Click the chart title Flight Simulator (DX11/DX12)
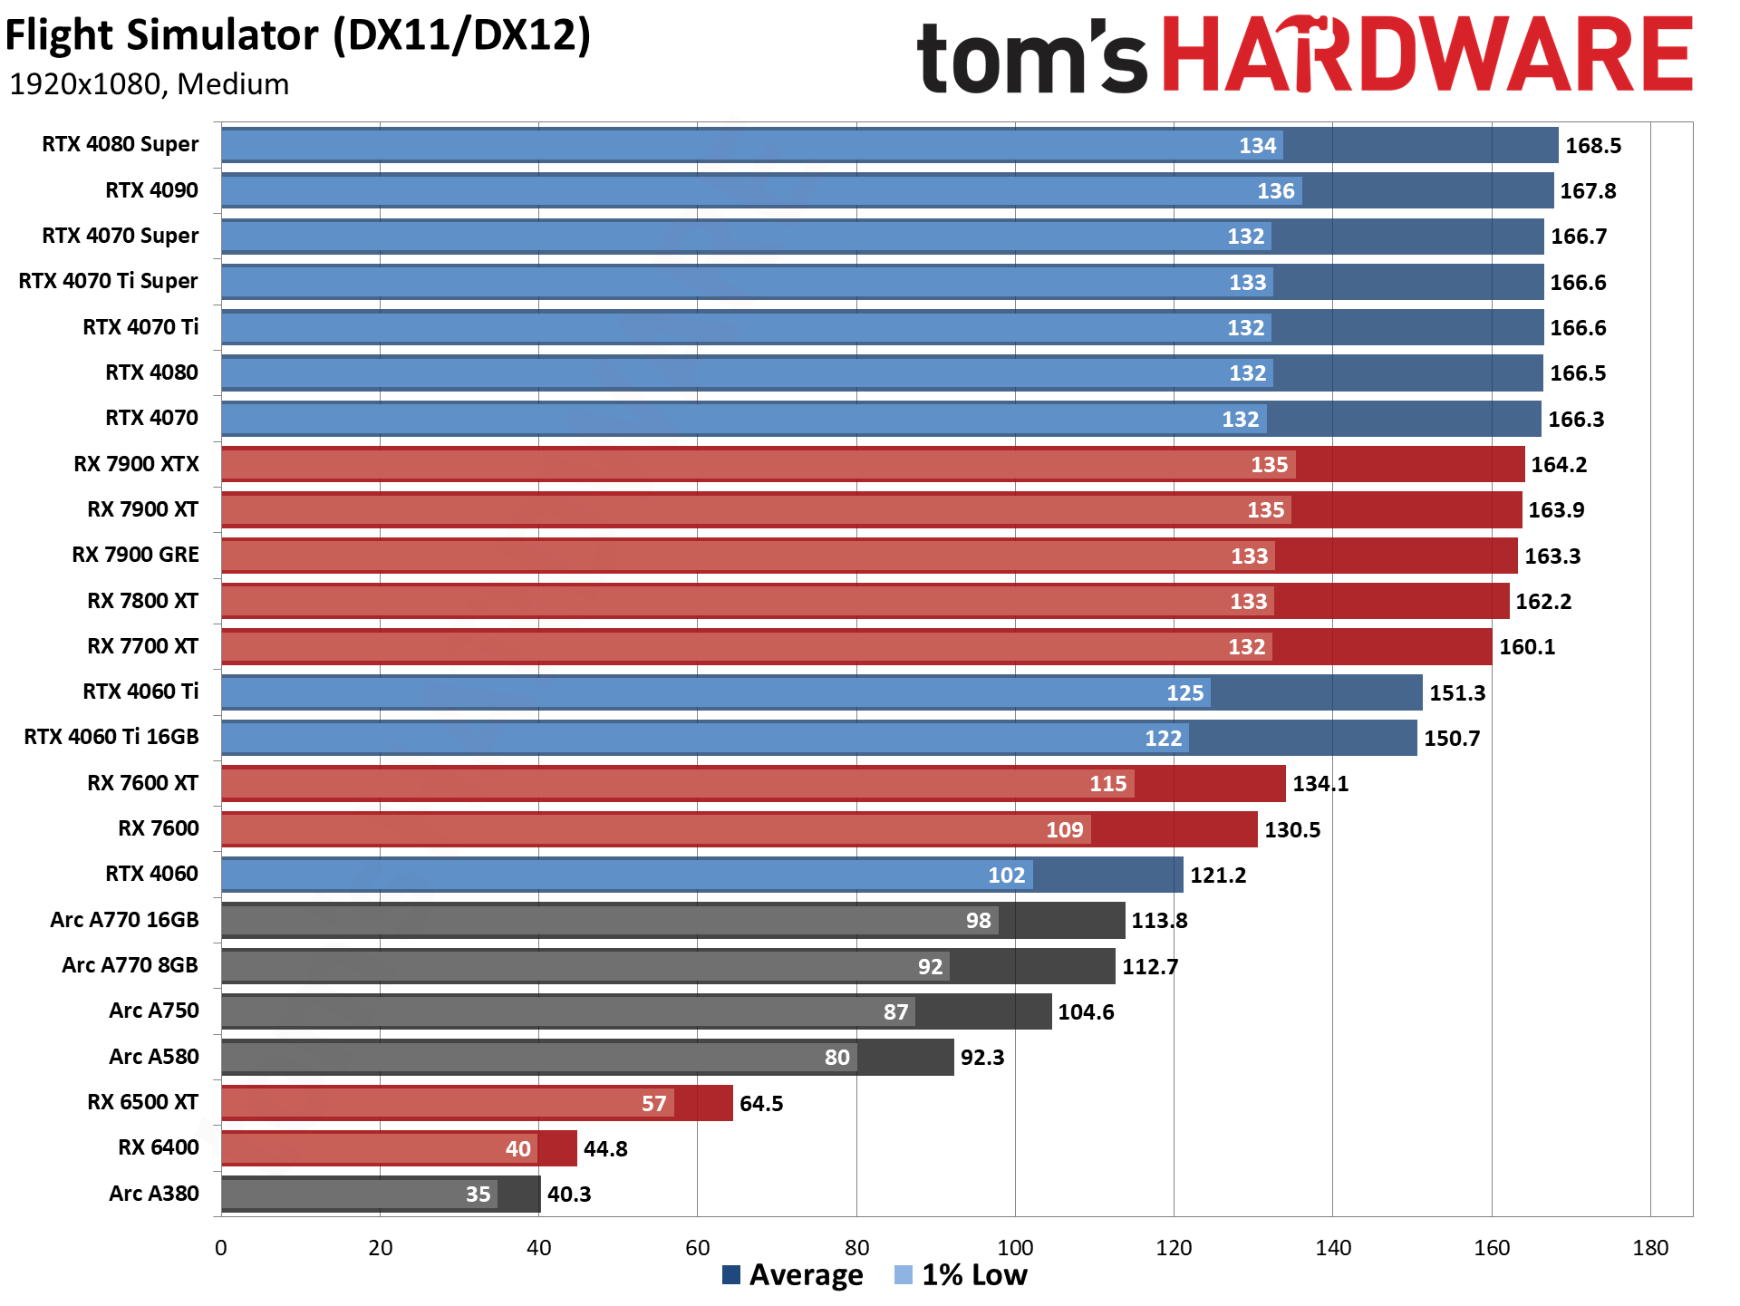(x=297, y=36)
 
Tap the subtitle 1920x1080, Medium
(x=150, y=84)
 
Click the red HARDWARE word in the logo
(x=1426, y=55)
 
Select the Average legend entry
(x=793, y=1275)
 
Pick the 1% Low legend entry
(x=962, y=1275)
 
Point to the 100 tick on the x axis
(x=1015, y=1248)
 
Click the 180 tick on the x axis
(x=1650, y=1248)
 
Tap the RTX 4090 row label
(x=151, y=190)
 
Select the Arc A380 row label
(x=153, y=1194)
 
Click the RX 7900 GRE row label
(x=135, y=555)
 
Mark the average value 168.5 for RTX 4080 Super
(x=1592, y=146)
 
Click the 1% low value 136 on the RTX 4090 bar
(x=1275, y=191)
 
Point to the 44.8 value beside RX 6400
(x=605, y=1149)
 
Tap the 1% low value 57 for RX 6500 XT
(x=653, y=1104)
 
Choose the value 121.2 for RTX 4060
(x=1218, y=876)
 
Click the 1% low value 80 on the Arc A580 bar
(x=836, y=1058)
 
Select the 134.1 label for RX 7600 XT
(x=1319, y=784)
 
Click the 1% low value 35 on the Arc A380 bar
(x=478, y=1195)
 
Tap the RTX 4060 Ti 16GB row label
(x=111, y=737)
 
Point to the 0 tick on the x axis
(x=221, y=1248)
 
